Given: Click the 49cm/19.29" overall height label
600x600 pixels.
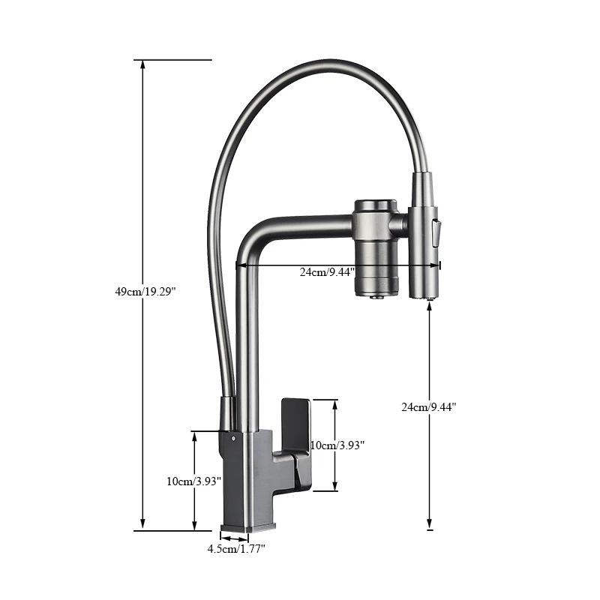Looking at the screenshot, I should pos(150,292).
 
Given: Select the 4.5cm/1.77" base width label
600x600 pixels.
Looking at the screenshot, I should pos(236,549).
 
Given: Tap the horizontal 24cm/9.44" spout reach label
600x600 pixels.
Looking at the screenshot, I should pos(327,272).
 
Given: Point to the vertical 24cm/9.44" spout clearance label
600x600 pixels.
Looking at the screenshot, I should pos(429,407).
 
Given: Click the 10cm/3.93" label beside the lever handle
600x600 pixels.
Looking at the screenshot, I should pos(337,445).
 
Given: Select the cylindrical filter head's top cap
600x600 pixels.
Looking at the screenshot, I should pos(373,204).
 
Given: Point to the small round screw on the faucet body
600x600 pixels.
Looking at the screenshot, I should pos(233,436).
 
